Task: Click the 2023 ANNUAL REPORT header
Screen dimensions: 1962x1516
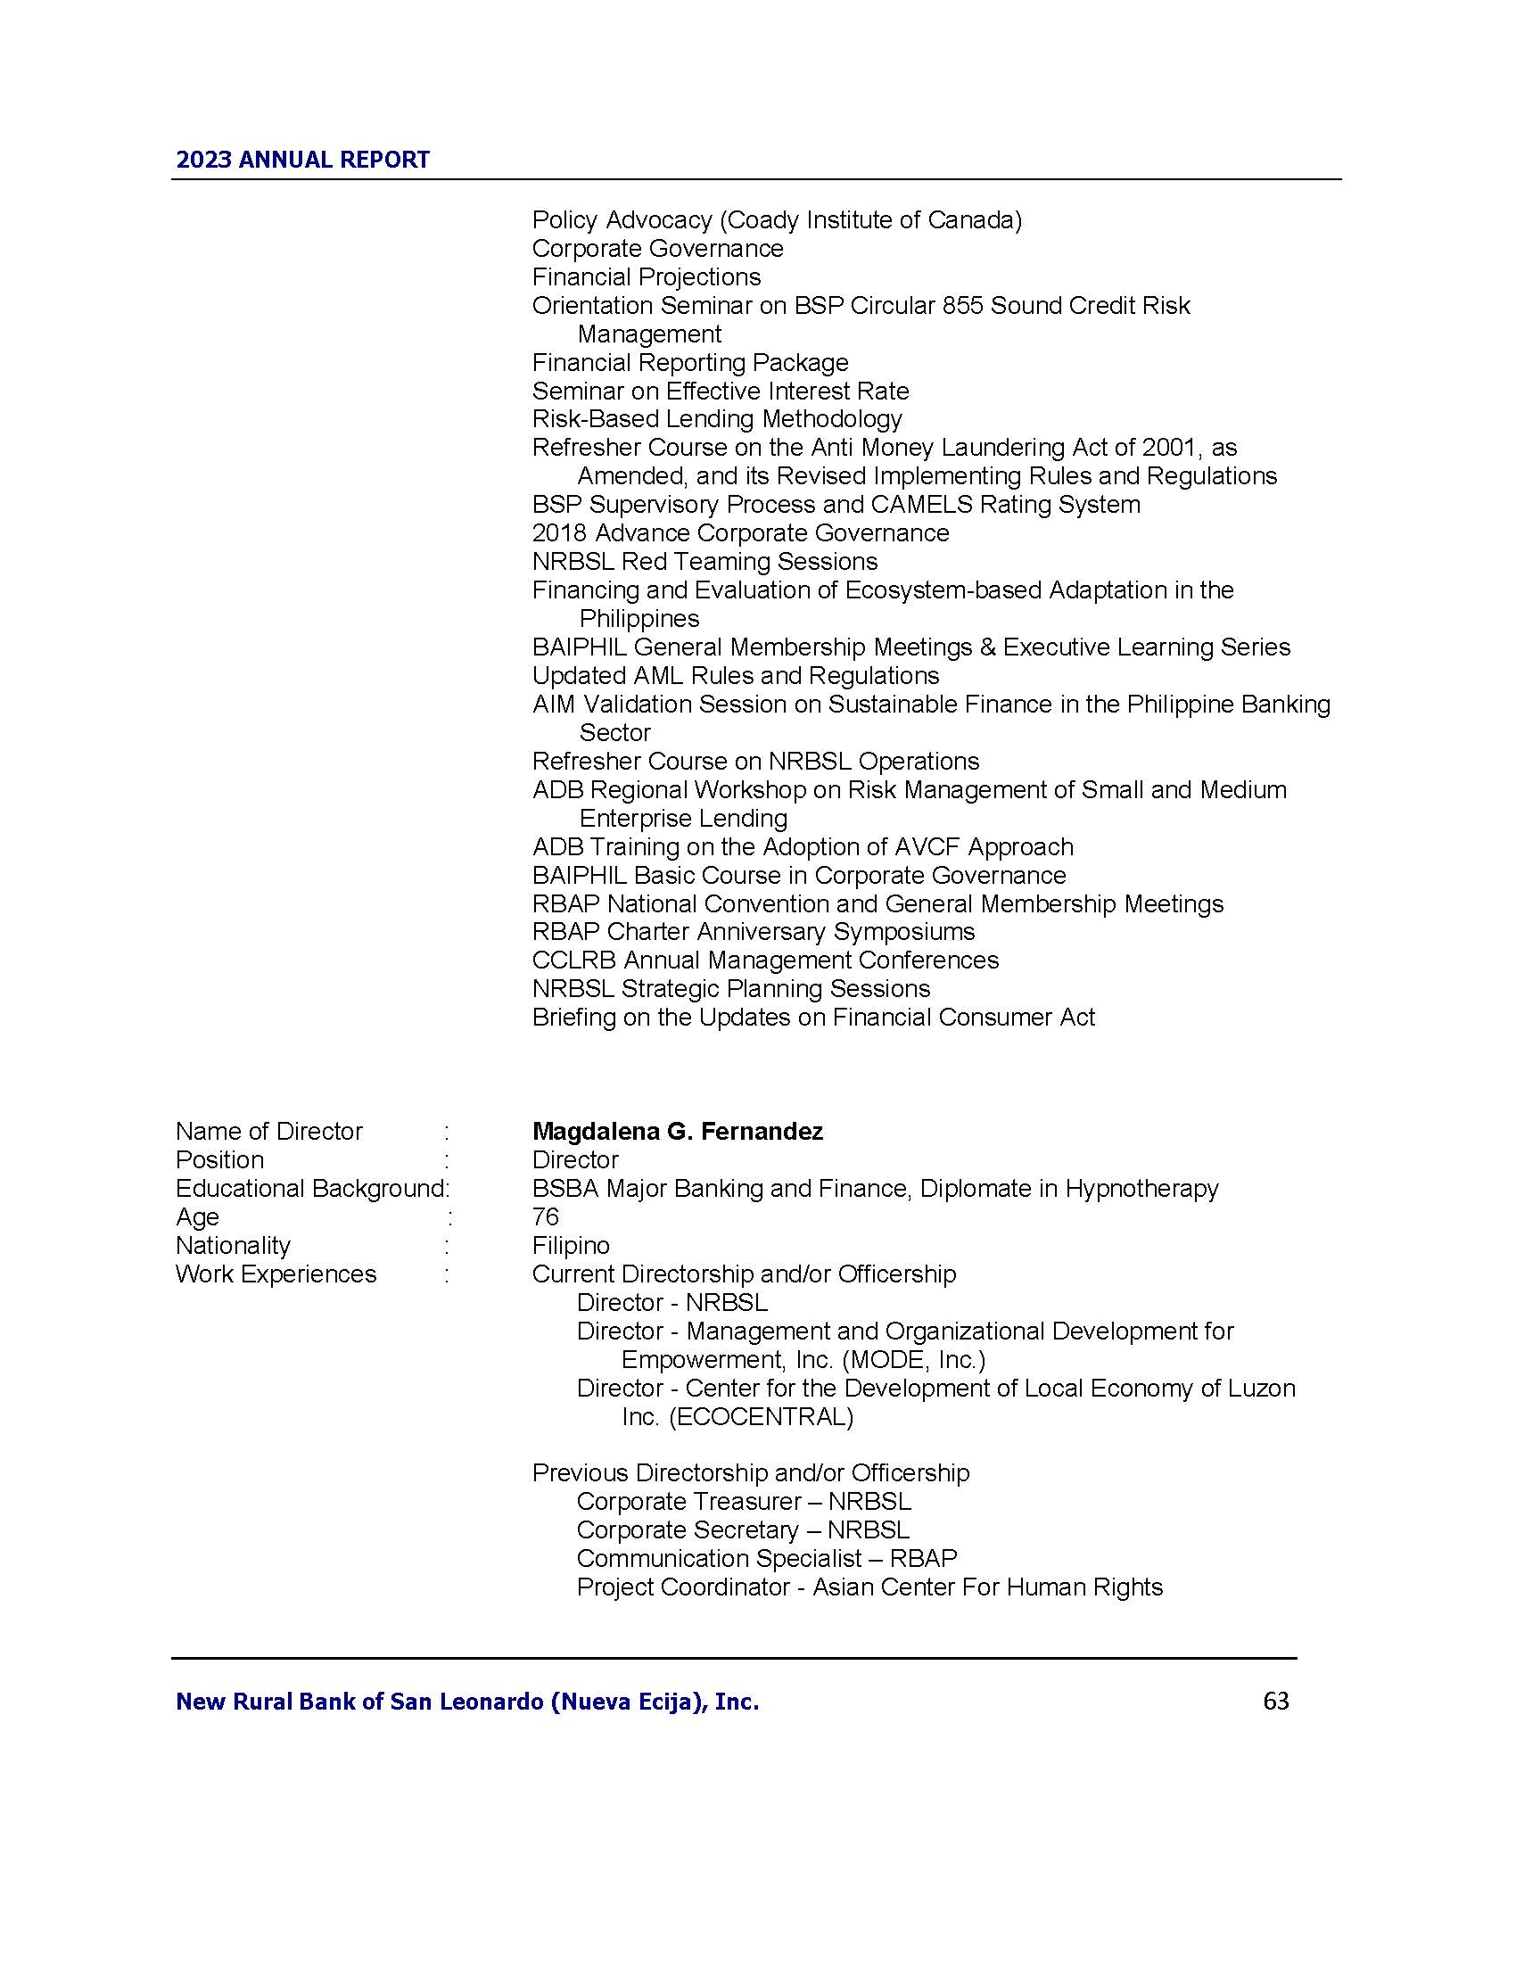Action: click(x=302, y=160)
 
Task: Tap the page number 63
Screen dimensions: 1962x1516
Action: click(x=1275, y=1701)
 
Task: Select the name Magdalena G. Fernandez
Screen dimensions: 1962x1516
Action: click(x=677, y=1131)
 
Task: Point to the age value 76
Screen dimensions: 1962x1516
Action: click(x=545, y=1216)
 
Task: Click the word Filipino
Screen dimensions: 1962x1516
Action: click(x=571, y=1245)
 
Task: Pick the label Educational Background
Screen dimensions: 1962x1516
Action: click(x=310, y=1188)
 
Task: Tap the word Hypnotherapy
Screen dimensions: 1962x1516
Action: click(x=1141, y=1188)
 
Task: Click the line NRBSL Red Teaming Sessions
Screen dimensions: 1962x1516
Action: click(x=704, y=562)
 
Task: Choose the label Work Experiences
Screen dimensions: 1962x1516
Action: click(x=276, y=1274)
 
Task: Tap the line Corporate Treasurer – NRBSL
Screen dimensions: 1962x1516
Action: click(x=744, y=1501)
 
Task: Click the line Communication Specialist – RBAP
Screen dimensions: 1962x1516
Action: click(x=766, y=1558)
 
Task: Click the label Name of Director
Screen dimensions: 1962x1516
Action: click(x=268, y=1131)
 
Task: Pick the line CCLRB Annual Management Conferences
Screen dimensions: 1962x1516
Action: click(x=765, y=960)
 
